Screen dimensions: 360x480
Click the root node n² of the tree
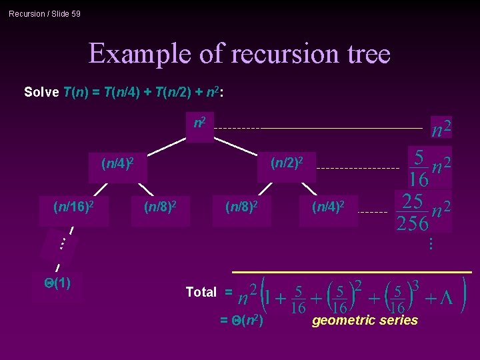tap(199, 124)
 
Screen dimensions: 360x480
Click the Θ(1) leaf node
tap(57, 283)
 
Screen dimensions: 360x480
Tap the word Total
tap(201, 292)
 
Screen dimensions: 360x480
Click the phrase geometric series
tap(365, 321)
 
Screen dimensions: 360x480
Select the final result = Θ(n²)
tap(241, 321)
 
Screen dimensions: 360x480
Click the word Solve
tap(41, 92)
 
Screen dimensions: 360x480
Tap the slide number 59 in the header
tap(75, 13)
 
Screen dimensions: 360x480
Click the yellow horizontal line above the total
tap(351, 273)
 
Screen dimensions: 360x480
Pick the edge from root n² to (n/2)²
tap(237, 145)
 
